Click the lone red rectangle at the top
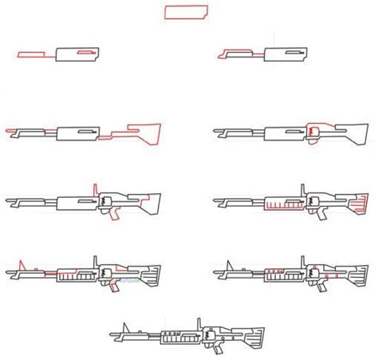tap(188, 12)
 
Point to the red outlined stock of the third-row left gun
tap(140, 129)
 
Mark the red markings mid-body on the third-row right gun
tap(310, 130)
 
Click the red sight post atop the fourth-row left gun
tap(95, 188)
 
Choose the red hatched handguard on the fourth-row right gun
tap(275, 205)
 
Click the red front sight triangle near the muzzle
tap(25, 265)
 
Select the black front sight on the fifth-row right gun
tap(232, 265)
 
